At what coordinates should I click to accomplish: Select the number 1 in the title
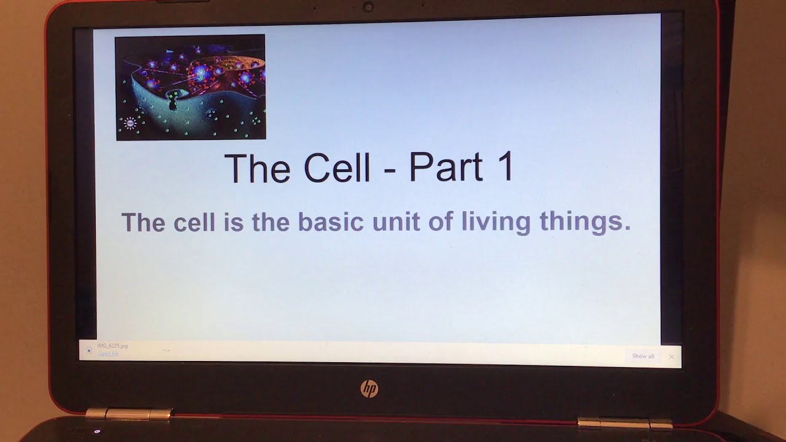pos(505,168)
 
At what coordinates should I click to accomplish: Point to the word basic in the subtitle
pos(330,222)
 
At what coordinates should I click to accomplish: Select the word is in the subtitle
pos(233,222)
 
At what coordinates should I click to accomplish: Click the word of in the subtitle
pos(440,222)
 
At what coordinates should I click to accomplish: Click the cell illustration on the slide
pos(190,87)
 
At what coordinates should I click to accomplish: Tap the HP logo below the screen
pos(369,389)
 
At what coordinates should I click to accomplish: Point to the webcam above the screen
pos(368,7)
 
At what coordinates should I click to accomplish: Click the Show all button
pos(643,356)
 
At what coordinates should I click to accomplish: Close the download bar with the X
pos(671,356)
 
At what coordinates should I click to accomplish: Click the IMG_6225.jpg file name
pos(112,346)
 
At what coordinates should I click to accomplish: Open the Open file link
pos(108,354)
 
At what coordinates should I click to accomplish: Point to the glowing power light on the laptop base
pos(97,432)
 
